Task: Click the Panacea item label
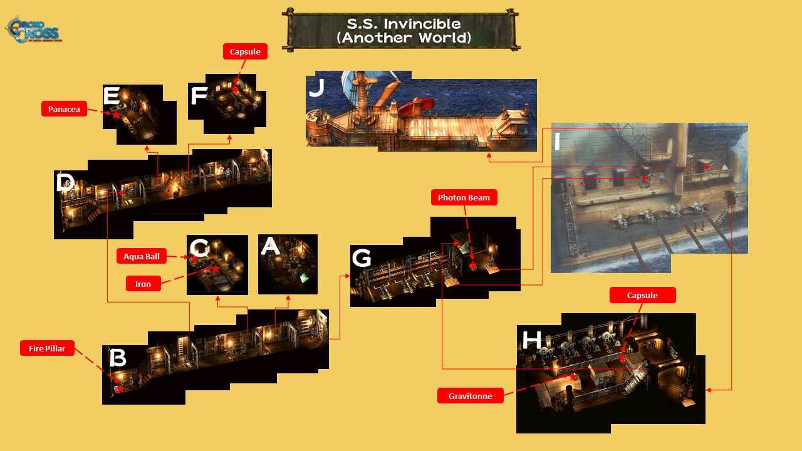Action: point(64,109)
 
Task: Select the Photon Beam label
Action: point(464,197)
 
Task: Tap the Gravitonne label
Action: point(471,395)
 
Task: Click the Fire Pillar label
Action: point(47,348)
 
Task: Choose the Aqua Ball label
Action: point(142,256)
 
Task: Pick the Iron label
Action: point(143,284)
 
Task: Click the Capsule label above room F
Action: point(245,51)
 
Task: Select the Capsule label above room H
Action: point(643,295)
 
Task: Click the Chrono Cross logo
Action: point(33,29)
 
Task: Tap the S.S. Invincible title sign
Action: point(401,30)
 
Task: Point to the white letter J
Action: point(317,87)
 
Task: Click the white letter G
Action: point(362,257)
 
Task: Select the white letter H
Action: point(532,340)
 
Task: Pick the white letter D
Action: point(65,182)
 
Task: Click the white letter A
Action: point(270,246)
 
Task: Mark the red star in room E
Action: point(117,115)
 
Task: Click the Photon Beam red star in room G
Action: point(473,265)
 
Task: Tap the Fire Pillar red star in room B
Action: point(120,388)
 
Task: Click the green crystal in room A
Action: point(304,277)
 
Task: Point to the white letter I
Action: point(557,141)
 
